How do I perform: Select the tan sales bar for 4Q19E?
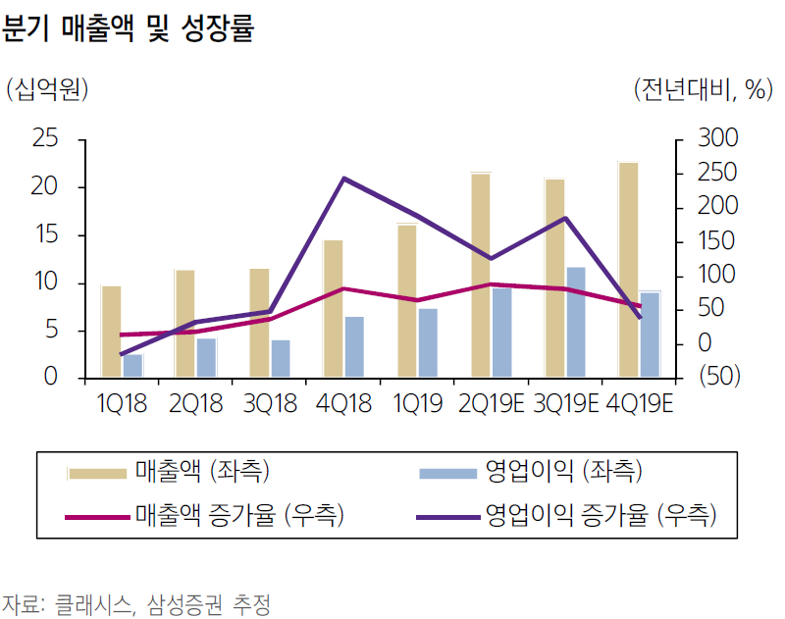point(628,270)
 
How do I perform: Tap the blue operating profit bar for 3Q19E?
point(576,322)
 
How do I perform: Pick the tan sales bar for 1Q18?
point(111,332)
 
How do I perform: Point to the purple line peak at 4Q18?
point(342,179)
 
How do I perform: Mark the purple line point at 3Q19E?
point(565,218)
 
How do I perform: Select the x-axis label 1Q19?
point(416,403)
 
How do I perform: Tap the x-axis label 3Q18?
point(270,403)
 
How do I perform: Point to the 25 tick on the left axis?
point(45,139)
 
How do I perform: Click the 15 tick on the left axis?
point(45,235)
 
